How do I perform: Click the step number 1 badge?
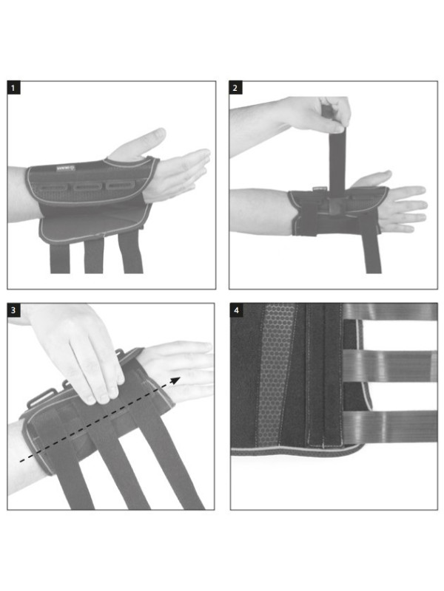[13, 88]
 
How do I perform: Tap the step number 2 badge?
[235, 88]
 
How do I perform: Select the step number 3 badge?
[13, 310]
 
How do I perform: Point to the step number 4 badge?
[236, 310]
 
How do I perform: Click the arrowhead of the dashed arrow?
[175, 380]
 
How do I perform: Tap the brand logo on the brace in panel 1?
[66, 168]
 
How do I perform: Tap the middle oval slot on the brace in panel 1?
[87, 187]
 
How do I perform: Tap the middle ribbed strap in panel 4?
[390, 366]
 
